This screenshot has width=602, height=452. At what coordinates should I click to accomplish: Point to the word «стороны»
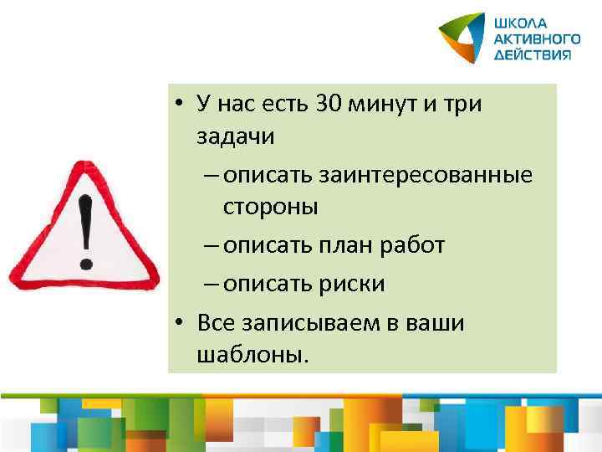[x=270, y=207]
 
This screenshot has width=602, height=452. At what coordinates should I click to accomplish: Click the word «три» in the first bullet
[x=464, y=104]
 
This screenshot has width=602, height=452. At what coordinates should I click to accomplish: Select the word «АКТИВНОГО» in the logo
[x=535, y=39]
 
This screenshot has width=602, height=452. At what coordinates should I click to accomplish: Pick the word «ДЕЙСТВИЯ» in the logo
[x=532, y=54]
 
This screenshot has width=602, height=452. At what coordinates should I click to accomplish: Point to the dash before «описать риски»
[x=212, y=285]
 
